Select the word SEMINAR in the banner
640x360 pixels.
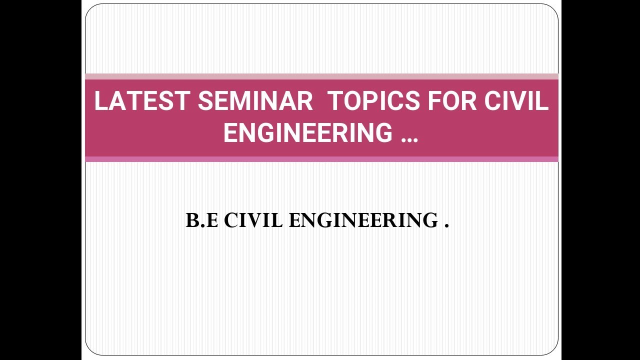[255, 101]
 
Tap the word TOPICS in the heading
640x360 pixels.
[373, 101]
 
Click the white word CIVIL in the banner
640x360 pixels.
[516, 101]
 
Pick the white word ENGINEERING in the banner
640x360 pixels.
[308, 133]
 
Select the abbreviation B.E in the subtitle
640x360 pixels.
[201, 220]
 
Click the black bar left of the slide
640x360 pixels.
[40, 180]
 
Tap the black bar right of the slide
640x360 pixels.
[600, 180]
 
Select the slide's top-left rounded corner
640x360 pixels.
[90, 9]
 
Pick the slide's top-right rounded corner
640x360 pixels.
[553, 9]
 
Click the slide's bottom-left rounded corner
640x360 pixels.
[90, 350]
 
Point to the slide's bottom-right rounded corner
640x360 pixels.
[553, 350]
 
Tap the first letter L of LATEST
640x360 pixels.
[100, 101]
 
